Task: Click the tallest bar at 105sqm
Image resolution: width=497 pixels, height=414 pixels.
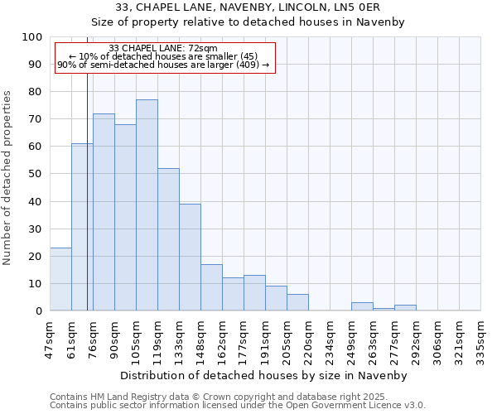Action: click(147, 205)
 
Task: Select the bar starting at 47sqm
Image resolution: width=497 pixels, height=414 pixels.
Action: click(60, 279)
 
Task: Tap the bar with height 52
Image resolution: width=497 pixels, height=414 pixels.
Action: click(168, 239)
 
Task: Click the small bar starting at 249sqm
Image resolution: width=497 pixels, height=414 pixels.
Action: click(362, 306)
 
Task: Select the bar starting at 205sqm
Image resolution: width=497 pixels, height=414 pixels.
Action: click(297, 302)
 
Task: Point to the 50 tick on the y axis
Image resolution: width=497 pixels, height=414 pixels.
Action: click(35, 174)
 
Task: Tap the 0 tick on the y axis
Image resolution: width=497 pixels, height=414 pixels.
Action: click(38, 311)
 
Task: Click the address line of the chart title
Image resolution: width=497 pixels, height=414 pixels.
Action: click(248, 7)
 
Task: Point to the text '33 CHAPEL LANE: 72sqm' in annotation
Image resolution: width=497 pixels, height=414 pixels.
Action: click(163, 49)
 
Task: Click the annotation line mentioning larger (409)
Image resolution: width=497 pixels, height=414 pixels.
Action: click(163, 65)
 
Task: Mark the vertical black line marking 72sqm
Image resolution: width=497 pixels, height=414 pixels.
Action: click(87, 207)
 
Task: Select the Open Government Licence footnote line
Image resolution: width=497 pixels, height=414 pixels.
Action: click(238, 406)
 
